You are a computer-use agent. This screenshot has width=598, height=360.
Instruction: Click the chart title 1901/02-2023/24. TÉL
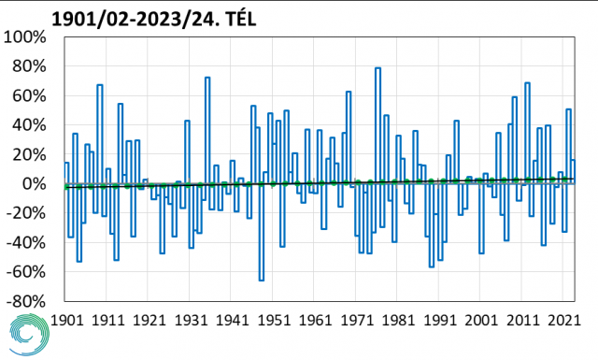point(153,19)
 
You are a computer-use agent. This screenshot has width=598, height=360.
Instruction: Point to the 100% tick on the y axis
point(25,37)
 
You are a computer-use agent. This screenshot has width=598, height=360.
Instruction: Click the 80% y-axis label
point(29,66)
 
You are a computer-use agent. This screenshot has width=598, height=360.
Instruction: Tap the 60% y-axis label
point(29,96)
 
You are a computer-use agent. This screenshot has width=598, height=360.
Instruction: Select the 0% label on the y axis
point(34,184)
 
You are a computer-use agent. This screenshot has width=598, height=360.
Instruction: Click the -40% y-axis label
point(26,243)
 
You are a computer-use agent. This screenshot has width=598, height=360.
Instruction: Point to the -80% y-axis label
point(26,302)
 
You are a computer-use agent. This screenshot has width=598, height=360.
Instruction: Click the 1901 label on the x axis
point(66,320)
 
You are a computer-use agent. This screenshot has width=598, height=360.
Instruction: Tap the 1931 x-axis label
point(191,320)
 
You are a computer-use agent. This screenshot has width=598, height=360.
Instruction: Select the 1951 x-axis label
point(274,320)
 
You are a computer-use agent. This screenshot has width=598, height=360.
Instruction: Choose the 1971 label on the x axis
point(357,320)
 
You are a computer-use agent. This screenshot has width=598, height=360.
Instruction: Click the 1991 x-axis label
point(440,320)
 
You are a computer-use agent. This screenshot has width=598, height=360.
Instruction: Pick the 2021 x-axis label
point(564,320)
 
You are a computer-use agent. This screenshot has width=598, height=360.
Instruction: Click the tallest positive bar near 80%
point(377,125)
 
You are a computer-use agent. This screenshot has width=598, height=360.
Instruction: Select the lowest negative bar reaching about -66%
point(262,232)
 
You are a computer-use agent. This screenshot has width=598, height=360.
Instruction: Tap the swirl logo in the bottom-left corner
point(29,335)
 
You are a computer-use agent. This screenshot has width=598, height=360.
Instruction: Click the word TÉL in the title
point(241,19)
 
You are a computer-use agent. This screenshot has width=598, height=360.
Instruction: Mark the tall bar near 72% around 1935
point(207,130)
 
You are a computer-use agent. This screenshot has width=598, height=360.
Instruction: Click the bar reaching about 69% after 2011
point(527,133)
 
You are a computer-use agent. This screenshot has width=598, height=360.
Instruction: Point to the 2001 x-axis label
point(481,320)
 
